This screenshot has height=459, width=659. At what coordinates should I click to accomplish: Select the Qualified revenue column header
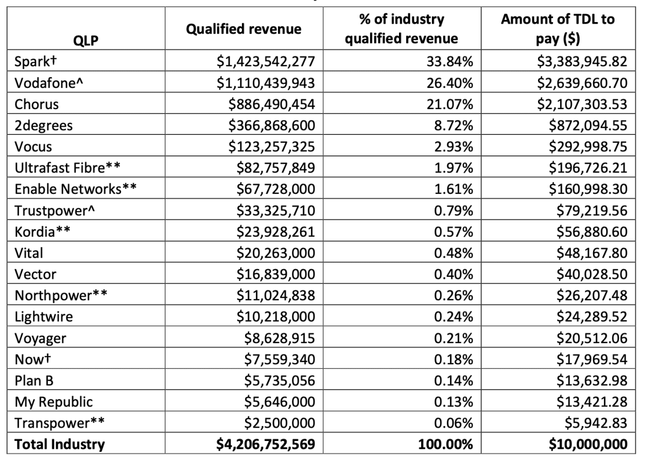point(244,29)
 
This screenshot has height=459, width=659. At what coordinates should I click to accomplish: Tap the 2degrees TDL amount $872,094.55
point(586,126)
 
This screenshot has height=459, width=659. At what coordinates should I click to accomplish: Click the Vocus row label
point(33,147)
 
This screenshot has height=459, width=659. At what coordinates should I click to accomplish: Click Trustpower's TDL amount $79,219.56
point(590,210)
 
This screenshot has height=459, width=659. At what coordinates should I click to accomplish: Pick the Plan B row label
point(34,380)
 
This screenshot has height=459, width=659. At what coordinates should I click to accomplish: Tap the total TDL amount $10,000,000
point(586,444)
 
